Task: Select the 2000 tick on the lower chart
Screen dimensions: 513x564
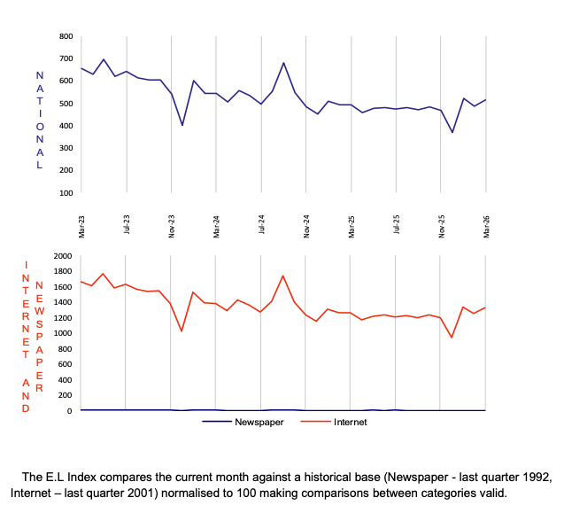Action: point(62,256)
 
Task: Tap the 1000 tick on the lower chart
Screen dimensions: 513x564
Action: point(62,333)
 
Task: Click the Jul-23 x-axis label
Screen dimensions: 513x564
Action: point(127,224)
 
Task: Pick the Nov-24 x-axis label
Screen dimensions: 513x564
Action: point(306,224)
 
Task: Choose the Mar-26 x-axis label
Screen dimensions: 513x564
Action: point(486,224)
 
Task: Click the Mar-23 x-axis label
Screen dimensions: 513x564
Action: point(81,224)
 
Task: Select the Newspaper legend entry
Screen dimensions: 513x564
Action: point(258,422)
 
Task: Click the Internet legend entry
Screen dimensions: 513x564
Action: point(350,422)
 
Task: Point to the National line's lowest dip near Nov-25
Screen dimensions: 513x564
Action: point(452,133)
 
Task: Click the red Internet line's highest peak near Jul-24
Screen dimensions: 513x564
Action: point(283,276)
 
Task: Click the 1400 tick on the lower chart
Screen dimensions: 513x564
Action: point(62,302)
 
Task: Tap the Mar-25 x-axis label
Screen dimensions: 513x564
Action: point(352,224)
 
